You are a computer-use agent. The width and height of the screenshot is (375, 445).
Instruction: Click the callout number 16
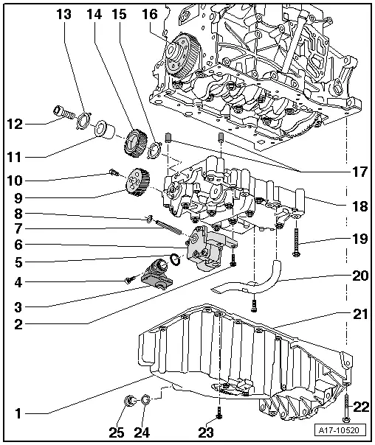(149, 14)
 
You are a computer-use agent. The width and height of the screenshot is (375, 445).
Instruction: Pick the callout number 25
(117, 431)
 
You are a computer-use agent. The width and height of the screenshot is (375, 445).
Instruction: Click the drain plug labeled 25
(131, 401)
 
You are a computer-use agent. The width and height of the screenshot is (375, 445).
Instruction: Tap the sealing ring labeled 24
(146, 401)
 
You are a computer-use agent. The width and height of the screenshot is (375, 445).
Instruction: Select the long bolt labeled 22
(345, 398)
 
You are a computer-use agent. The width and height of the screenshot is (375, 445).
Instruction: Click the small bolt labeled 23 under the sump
(219, 413)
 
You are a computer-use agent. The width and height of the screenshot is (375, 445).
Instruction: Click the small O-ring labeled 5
(174, 259)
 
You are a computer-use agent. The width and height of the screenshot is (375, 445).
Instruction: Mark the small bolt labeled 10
(111, 172)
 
